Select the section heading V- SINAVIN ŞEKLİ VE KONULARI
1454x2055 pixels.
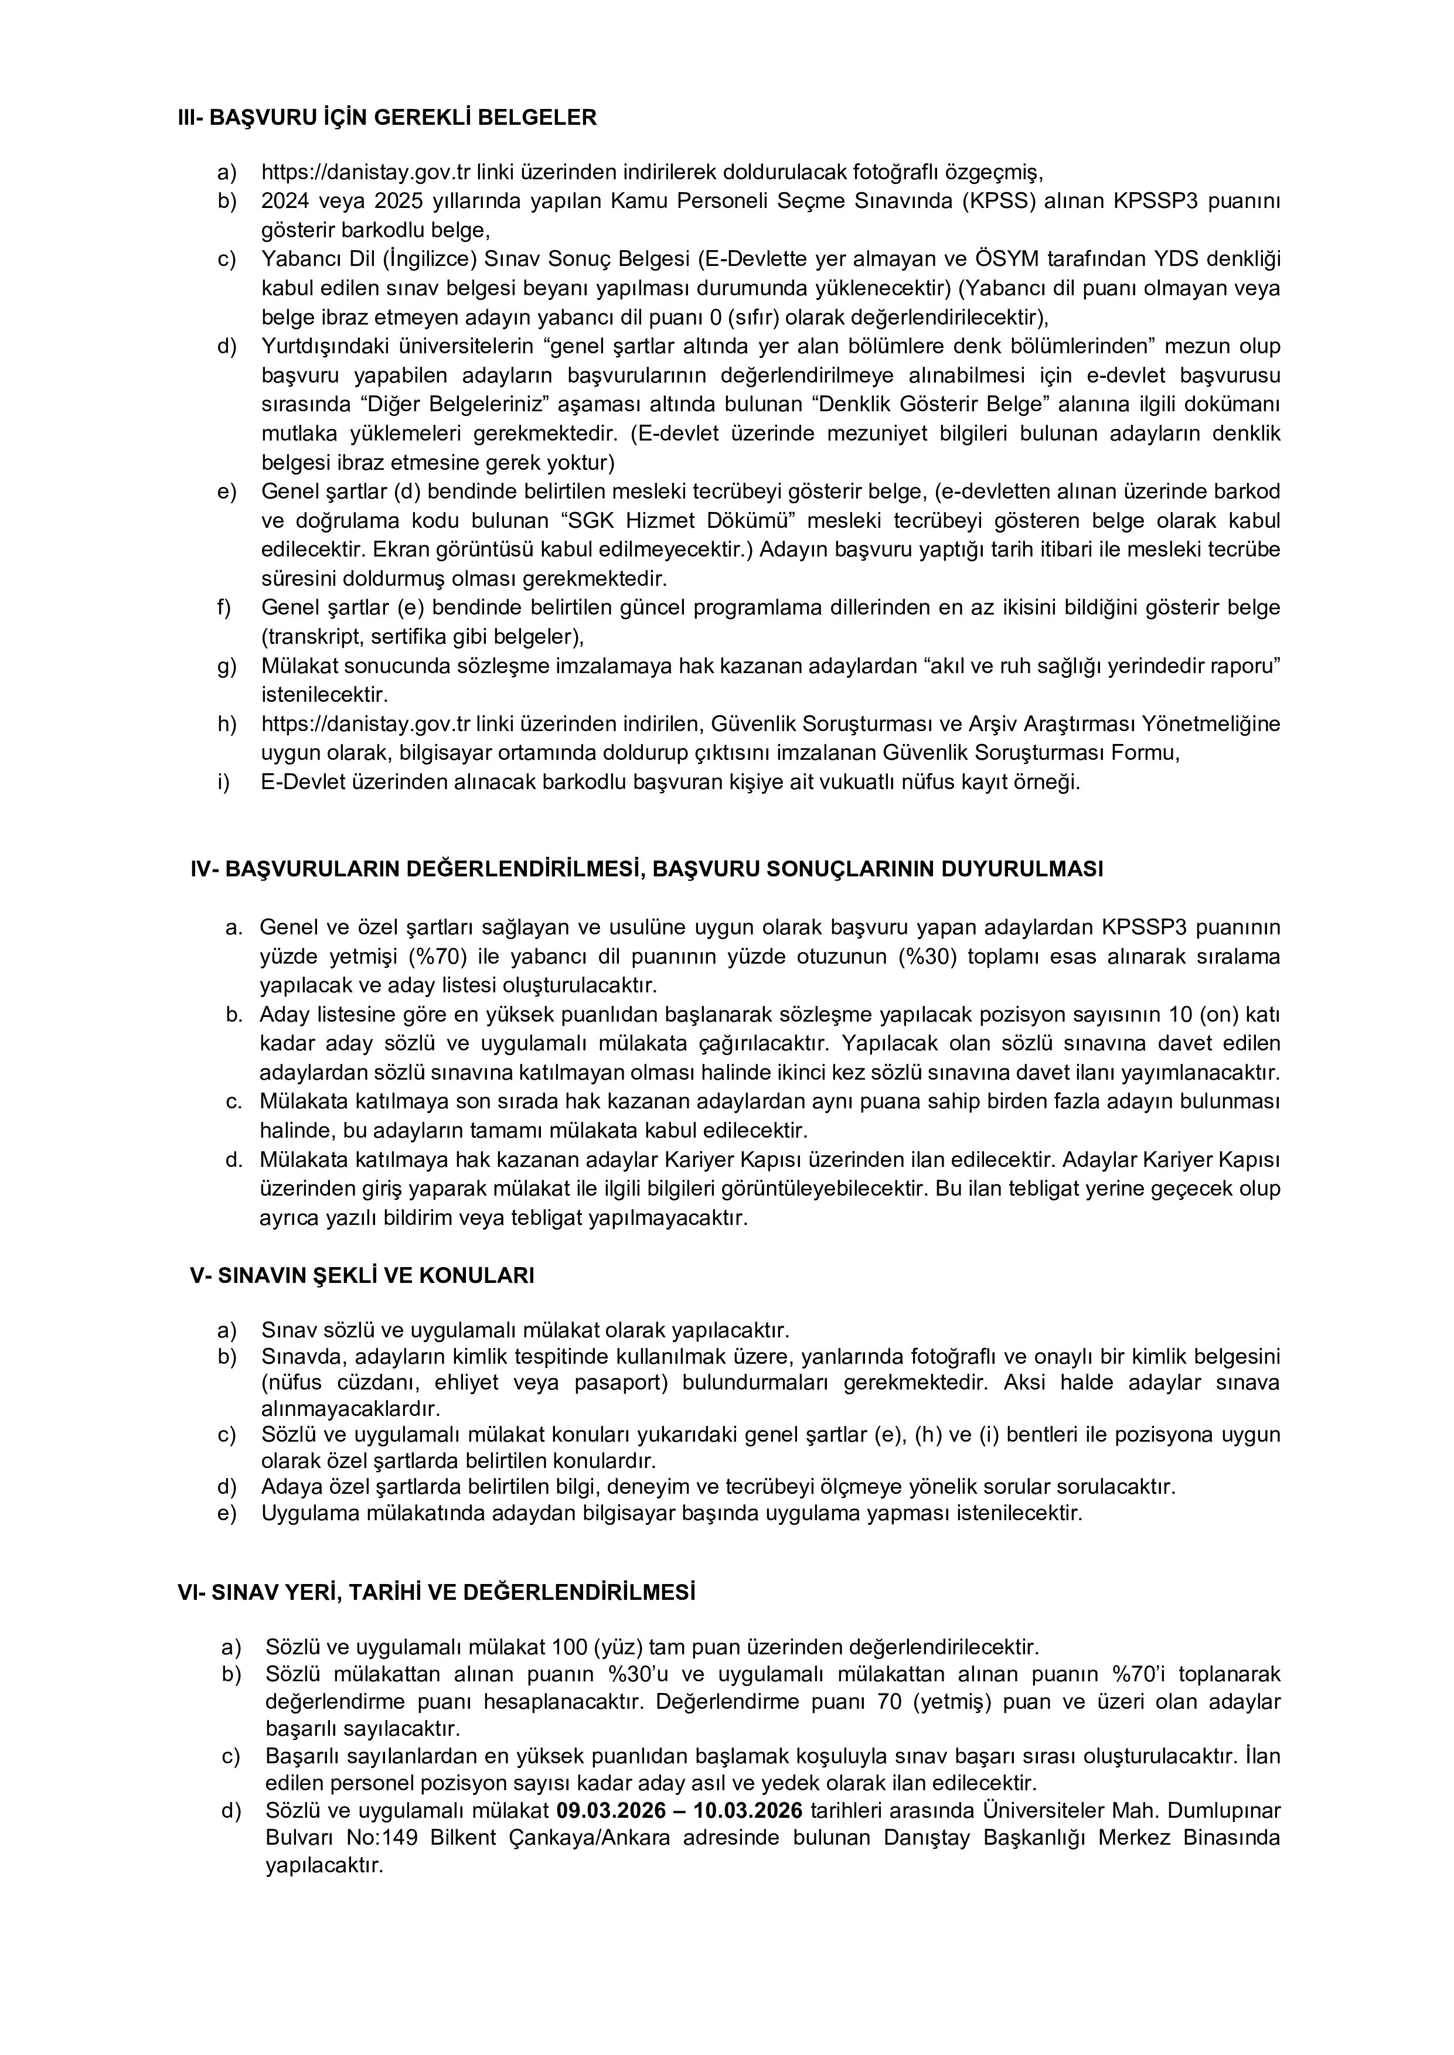[x=362, y=1275]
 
